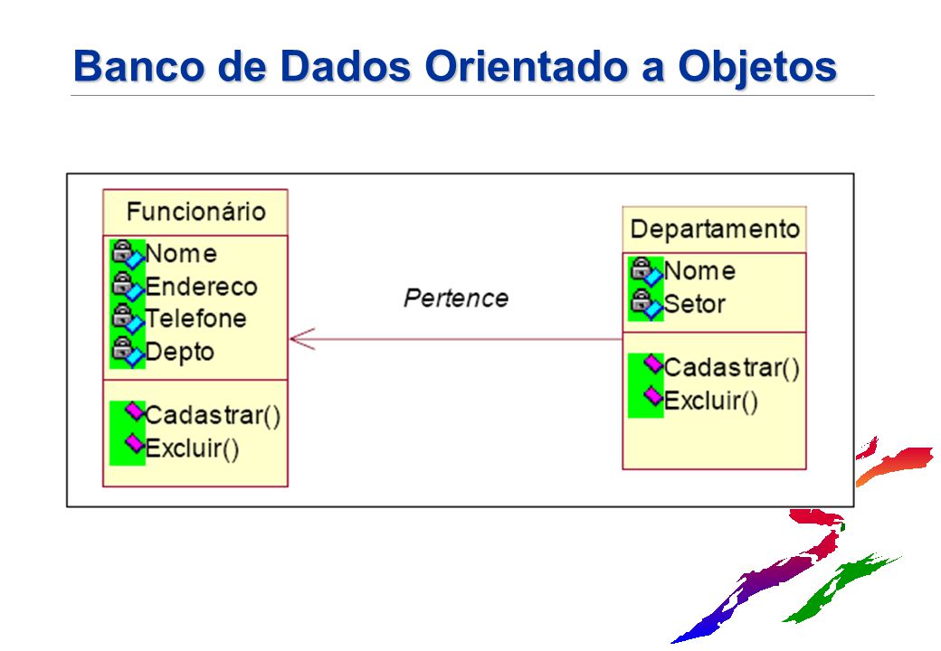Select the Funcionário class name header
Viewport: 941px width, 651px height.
(x=195, y=212)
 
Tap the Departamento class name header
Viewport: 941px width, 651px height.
(x=714, y=229)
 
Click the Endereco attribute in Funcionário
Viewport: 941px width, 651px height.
(x=201, y=287)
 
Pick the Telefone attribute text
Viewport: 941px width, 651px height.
(x=195, y=318)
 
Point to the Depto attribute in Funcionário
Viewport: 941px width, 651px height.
(x=179, y=351)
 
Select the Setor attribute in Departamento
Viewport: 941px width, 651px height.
(x=694, y=304)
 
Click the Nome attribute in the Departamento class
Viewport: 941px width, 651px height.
(x=699, y=270)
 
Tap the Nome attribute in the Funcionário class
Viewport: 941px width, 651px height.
(x=181, y=254)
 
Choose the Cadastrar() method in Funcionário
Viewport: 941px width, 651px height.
(x=212, y=415)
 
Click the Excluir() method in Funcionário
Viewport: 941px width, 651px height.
(x=192, y=448)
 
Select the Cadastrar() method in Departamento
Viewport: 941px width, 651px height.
(x=731, y=367)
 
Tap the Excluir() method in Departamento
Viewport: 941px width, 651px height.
(x=710, y=400)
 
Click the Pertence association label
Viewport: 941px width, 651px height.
(x=455, y=297)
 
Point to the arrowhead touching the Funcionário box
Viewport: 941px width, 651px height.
(x=300, y=340)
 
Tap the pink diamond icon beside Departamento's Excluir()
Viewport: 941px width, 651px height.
(x=652, y=396)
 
